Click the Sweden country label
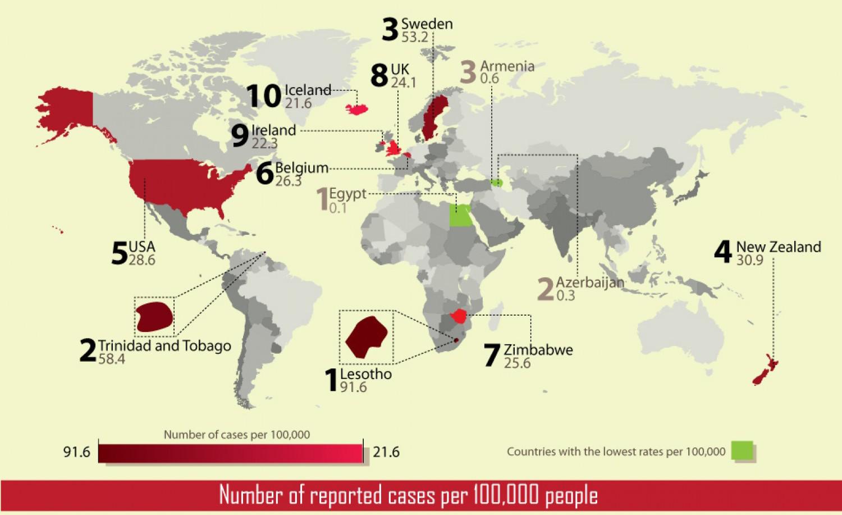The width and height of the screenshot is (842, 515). pyautogui.click(x=427, y=24)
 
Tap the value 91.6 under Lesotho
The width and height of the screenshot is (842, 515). pyautogui.click(x=353, y=387)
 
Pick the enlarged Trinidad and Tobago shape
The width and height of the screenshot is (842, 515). pyautogui.click(x=154, y=317)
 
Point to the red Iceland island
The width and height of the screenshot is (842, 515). pyautogui.click(x=358, y=108)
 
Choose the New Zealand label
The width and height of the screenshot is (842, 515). pyautogui.click(x=779, y=247)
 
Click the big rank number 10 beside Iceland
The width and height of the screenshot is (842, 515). pyautogui.click(x=264, y=96)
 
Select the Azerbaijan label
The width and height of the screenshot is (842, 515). pyautogui.click(x=589, y=282)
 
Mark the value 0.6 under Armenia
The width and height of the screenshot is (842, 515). pyautogui.click(x=489, y=79)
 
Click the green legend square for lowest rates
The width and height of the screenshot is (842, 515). pyautogui.click(x=742, y=450)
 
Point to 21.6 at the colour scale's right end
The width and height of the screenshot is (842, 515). pyautogui.click(x=386, y=452)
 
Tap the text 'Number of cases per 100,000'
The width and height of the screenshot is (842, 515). pyautogui.click(x=237, y=435)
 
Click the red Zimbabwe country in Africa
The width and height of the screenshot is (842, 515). pyautogui.click(x=461, y=316)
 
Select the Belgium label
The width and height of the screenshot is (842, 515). pyautogui.click(x=301, y=167)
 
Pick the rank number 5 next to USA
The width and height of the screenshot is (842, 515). pyautogui.click(x=120, y=253)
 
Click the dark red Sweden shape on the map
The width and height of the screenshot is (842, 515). pyautogui.click(x=433, y=116)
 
